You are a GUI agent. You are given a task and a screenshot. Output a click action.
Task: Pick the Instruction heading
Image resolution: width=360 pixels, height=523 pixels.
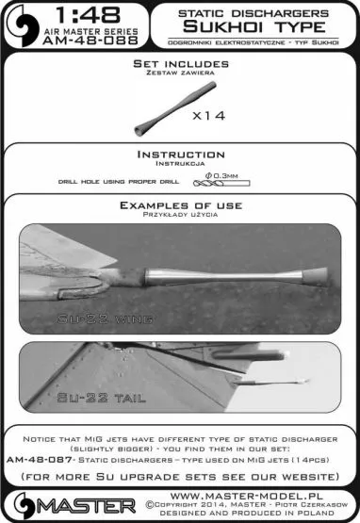pos(181,154)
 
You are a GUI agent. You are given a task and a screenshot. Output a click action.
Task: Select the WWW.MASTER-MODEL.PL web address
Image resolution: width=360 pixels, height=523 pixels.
pos(240,491)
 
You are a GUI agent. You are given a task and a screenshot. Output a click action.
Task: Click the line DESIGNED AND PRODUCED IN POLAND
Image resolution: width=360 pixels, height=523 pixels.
pos(240,514)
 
